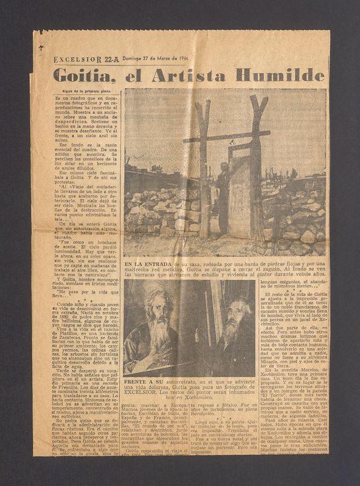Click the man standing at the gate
click(x=223, y=194)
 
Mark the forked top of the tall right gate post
click(x=257, y=104)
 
